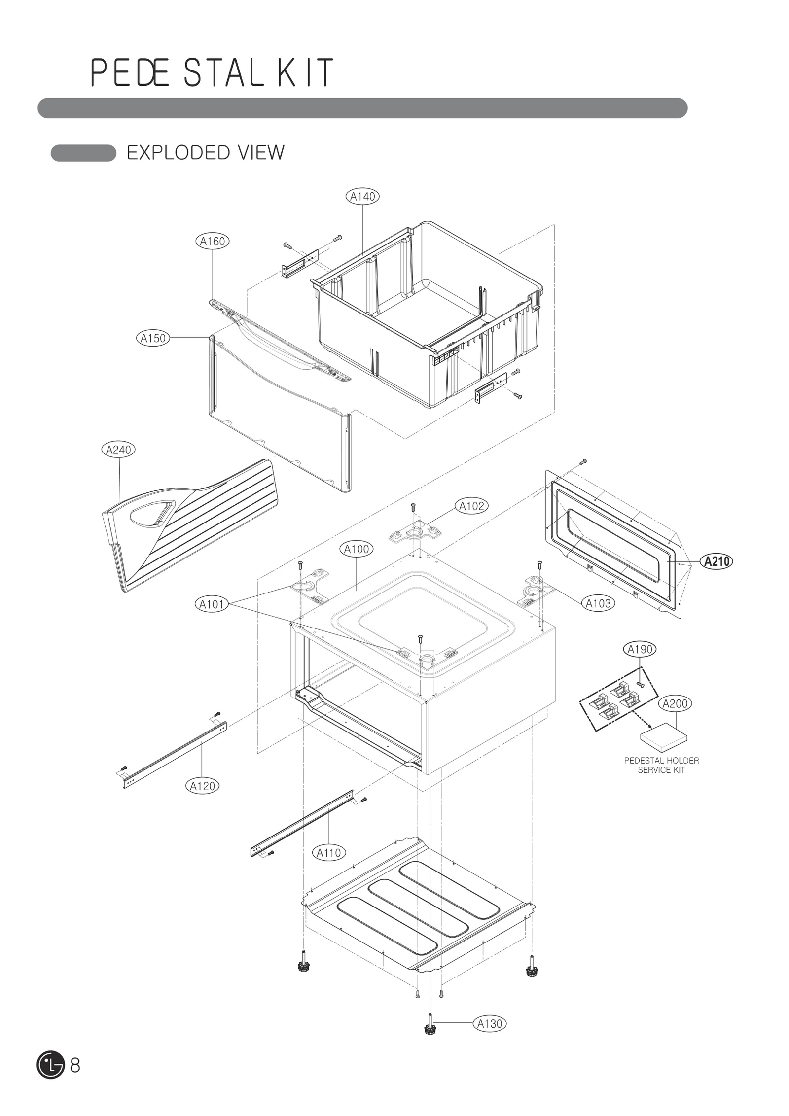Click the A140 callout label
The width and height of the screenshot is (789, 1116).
click(362, 196)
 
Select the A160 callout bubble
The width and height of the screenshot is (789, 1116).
click(212, 242)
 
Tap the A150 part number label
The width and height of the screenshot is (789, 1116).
click(153, 338)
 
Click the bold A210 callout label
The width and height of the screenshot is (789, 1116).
click(717, 561)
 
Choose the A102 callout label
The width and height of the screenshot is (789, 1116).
click(471, 506)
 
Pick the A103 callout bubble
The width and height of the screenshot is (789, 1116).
click(598, 603)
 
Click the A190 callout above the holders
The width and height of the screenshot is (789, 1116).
click(640, 649)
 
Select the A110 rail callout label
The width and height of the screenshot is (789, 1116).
click(329, 853)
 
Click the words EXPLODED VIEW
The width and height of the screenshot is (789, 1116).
click(206, 153)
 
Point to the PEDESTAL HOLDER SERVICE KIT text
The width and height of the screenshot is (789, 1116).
click(661, 766)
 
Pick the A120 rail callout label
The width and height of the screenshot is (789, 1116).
click(203, 786)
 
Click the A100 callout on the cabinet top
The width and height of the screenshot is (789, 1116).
click(356, 549)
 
